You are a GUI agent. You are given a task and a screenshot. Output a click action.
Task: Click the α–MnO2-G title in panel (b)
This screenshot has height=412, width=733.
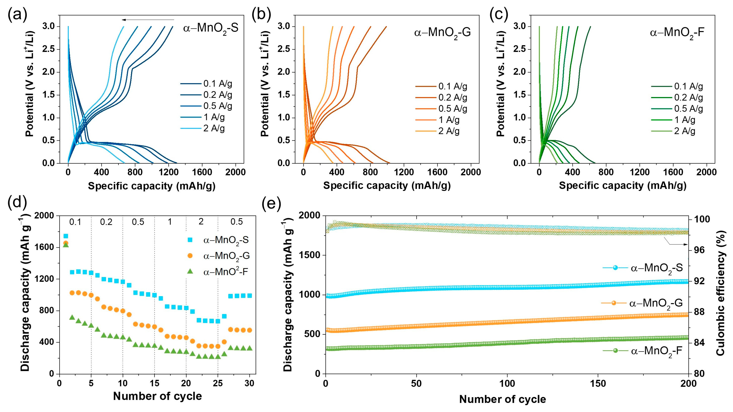pyautogui.click(x=442, y=32)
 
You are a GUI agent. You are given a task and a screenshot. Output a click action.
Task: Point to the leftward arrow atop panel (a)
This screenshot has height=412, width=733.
pyautogui.click(x=148, y=20)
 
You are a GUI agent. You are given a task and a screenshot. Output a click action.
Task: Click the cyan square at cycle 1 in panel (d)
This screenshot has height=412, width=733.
pyautogui.click(x=66, y=236)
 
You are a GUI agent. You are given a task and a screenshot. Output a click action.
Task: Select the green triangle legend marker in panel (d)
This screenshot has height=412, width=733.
pyautogui.click(x=190, y=272)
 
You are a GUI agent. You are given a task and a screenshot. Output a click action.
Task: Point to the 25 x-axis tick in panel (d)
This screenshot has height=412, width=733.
pyautogui.click(x=218, y=383)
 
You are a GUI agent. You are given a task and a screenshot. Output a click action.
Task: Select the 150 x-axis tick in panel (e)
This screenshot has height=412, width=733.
pyautogui.click(x=598, y=383)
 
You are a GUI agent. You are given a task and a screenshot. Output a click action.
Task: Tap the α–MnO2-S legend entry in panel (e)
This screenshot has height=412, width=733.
pyautogui.click(x=643, y=268)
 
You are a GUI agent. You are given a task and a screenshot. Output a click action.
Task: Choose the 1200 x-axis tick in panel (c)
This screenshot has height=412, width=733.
pyautogui.click(x=639, y=172)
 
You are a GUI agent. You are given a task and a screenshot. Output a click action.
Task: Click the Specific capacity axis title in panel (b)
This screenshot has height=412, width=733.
pyautogui.click(x=387, y=185)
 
